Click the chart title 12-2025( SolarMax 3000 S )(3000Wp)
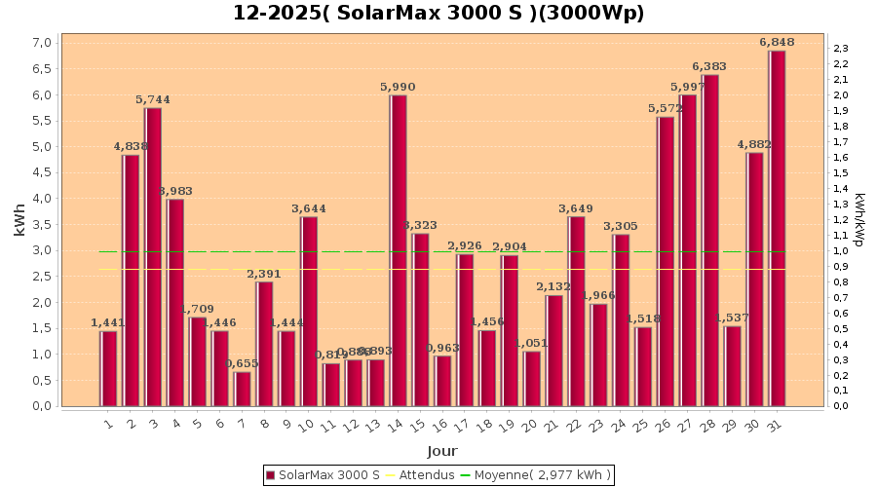438,14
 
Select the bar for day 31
777,228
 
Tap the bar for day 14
398,250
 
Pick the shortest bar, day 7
243,389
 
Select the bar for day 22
576,311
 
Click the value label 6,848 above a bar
777,42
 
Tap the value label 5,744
153,99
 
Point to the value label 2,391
264,274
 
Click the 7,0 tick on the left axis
42,43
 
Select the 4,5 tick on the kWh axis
42,172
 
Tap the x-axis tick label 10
306,426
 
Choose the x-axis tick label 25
640,426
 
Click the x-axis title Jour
441,451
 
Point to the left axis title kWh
20,220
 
